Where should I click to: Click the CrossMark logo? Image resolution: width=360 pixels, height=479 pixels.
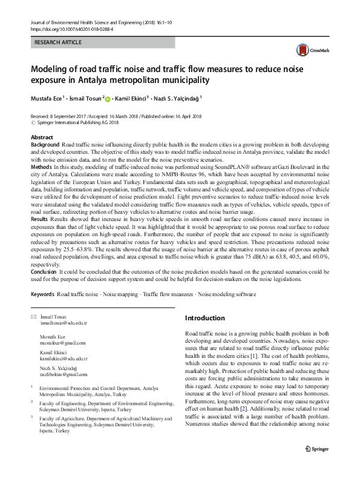(309, 51)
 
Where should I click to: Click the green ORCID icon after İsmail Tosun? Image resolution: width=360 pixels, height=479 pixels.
(108, 98)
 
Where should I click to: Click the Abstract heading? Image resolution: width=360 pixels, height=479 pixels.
(42, 138)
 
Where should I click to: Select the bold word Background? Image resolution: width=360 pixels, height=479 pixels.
(45, 146)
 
